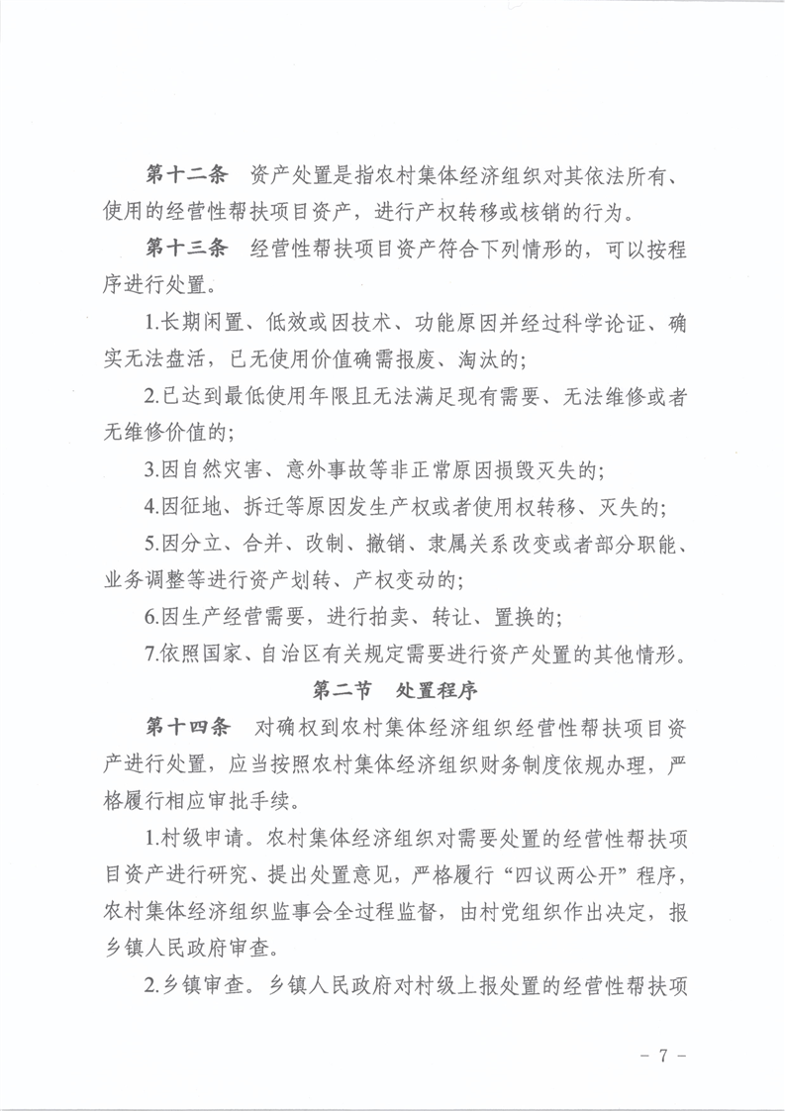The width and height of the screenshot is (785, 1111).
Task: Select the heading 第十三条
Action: click(186, 248)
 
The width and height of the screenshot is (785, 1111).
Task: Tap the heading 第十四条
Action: click(186, 728)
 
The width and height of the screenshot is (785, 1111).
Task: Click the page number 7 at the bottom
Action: click(662, 1056)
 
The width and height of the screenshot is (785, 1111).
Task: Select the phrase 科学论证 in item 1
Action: click(584, 322)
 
